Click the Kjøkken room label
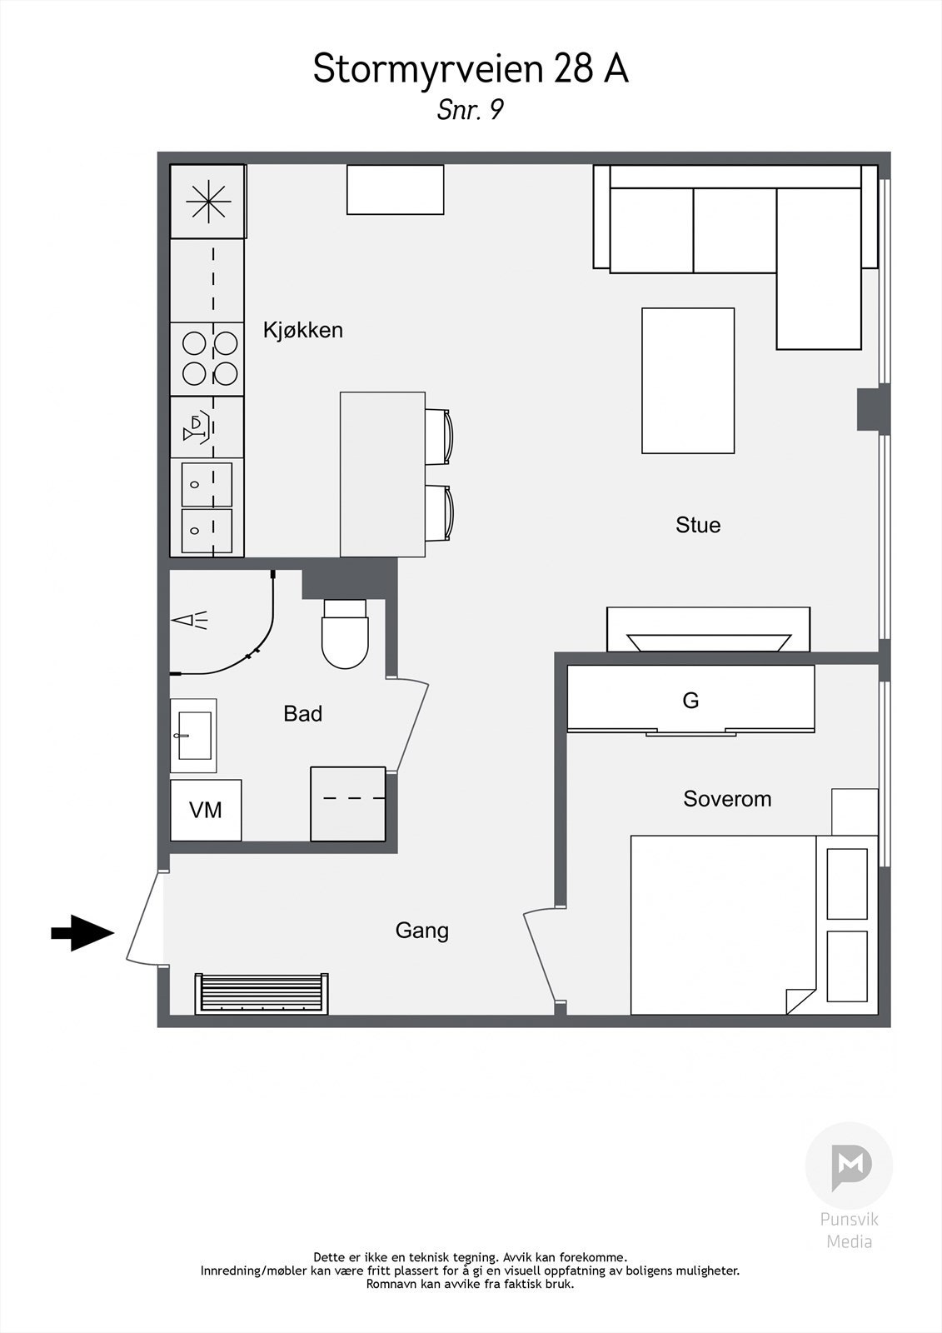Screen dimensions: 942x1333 click(x=303, y=330)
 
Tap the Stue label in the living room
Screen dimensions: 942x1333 click(x=698, y=525)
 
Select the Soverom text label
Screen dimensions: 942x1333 click(x=727, y=799)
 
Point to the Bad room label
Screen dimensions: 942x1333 click(x=303, y=713)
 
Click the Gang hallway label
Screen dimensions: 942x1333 click(x=422, y=931)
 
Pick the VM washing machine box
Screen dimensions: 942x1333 click(x=206, y=810)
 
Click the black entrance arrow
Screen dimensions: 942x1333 click(x=82, y=932)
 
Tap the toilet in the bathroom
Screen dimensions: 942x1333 click(x=345, y=634)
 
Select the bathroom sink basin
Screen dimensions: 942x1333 click(x=194, y=736)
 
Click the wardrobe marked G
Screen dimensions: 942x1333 click(x=690, y=699)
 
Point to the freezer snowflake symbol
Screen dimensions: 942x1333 click(x=208, y=202)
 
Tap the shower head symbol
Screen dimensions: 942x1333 click(x=190, y=620)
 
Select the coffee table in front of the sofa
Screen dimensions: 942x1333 click(x=688, y=381)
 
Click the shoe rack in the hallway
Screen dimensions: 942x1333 click(x=262, y=993)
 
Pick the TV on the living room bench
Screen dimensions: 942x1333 click(x=709, y=642)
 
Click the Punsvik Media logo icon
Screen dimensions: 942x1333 click(x=850, y=1166)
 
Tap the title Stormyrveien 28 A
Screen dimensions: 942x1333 click(x=471, y=69)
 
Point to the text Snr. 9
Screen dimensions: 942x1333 click(x=471, y=109)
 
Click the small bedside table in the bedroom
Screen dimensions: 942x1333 click(x=855, y=812)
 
